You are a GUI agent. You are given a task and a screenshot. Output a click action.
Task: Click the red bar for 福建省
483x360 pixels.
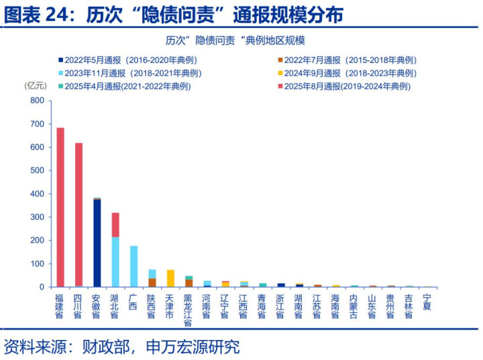pyautogui.click(x=60, y=207)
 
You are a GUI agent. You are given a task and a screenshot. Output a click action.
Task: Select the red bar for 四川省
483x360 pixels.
pyautogui.click(x=78, y=215)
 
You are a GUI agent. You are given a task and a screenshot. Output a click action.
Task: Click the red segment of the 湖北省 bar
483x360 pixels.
pyautogui.click(x=115, y=225)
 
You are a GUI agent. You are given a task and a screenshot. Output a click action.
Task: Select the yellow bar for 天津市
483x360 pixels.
pyautogui.click(x=170, y=278)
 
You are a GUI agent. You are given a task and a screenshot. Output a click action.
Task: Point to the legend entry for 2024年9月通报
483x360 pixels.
pyautogui.click(x=349, y=73)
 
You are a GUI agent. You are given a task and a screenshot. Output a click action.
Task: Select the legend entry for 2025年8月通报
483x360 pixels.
pyautogui.click(x=346, y=86)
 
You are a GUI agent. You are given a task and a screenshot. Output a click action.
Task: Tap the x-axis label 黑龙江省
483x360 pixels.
pyautogui.click(x=189, y=310)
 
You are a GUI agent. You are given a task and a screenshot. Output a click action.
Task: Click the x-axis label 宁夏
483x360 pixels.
pyautogui.click(x=427, y=301)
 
